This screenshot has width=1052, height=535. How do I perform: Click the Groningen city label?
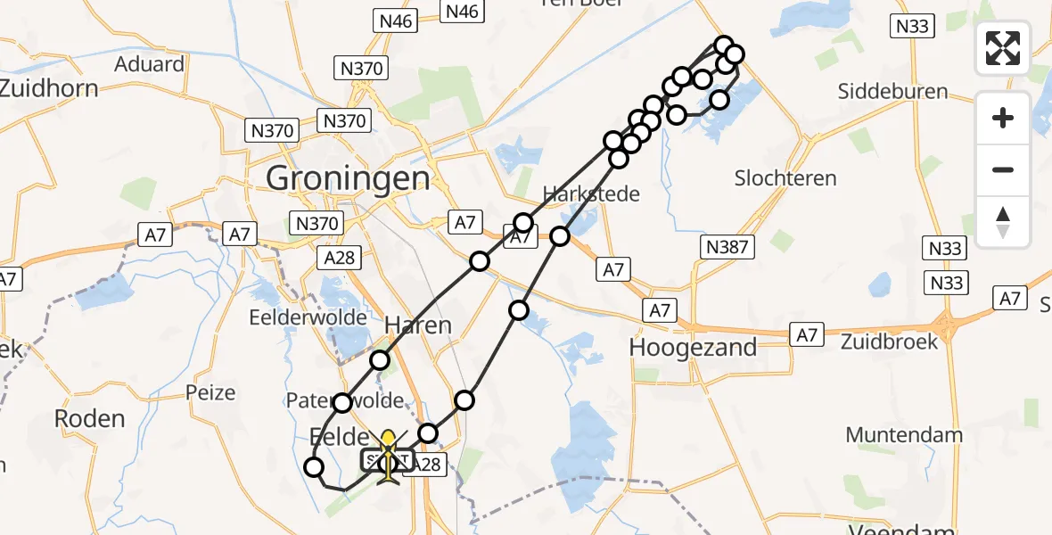348,179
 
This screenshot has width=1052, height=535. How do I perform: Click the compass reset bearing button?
1003,221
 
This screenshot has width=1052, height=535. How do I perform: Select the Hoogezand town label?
693,347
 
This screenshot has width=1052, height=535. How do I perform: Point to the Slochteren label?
785,178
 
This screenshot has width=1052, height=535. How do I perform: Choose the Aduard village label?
149,64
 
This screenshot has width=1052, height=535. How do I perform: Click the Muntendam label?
904,435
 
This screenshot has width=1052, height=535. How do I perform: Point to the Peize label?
210,392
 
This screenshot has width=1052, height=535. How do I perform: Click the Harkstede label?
591,193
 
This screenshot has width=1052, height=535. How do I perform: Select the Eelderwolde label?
308,317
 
